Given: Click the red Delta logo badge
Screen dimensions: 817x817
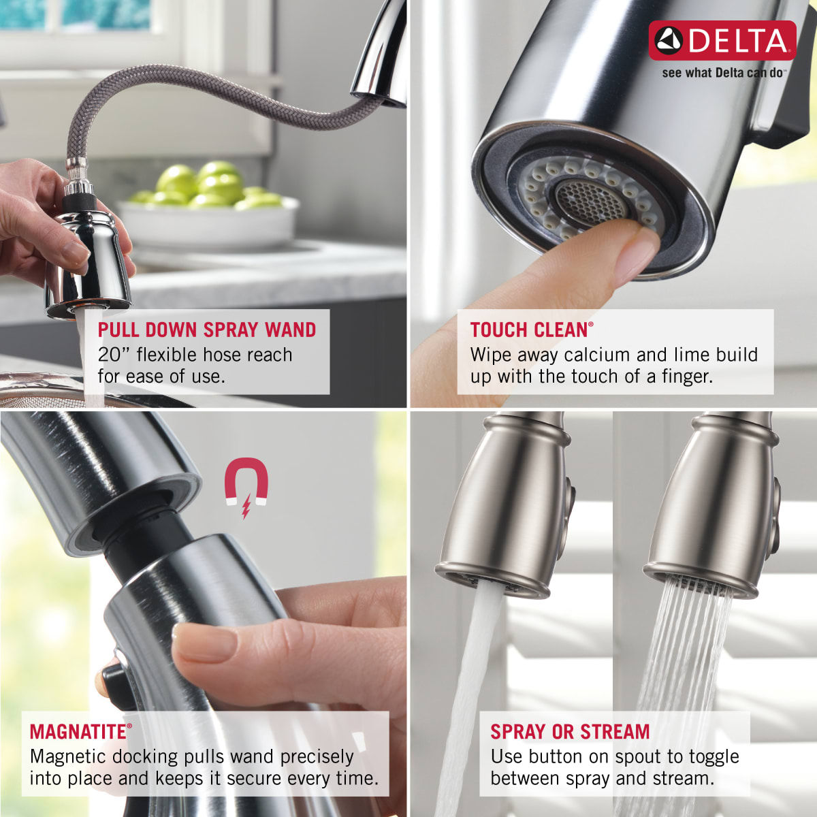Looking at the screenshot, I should pos(722,40).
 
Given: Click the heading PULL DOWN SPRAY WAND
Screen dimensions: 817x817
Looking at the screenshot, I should pos(207,330).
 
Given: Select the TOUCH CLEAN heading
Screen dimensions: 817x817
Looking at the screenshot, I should pos(530,330).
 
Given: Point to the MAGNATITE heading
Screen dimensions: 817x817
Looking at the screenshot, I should pos(78,732).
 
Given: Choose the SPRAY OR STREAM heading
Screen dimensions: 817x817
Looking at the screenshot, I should pos(570,732).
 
